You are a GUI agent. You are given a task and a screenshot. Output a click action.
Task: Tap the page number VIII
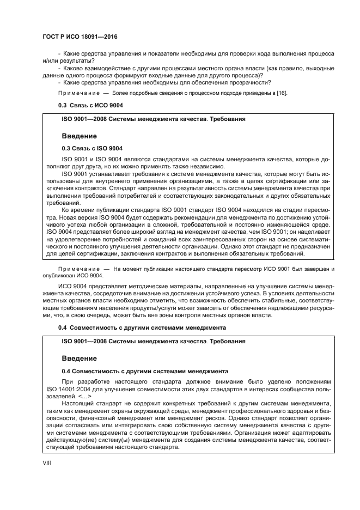click(47, 463)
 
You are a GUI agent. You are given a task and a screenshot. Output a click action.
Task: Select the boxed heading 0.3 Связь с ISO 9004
click(92, 148)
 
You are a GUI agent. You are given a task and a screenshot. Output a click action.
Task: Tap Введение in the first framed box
click(79, 135)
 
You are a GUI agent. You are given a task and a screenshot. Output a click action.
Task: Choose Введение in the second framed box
click(79, 358)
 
